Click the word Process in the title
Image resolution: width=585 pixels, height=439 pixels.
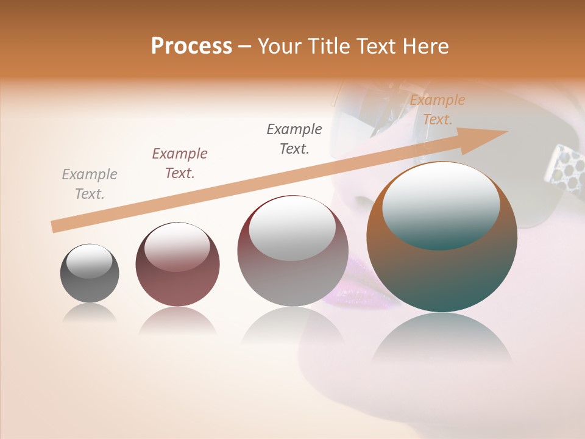tap(191, 46)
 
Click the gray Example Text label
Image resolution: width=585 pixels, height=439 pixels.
tap(90, 184)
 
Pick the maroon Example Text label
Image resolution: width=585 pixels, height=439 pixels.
tap(180, 163)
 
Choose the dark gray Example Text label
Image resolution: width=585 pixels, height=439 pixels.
tap(294, 139)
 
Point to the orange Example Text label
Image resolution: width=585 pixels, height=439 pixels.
tap(438, 110)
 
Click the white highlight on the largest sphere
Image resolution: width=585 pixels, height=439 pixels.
tap(441, 204)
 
